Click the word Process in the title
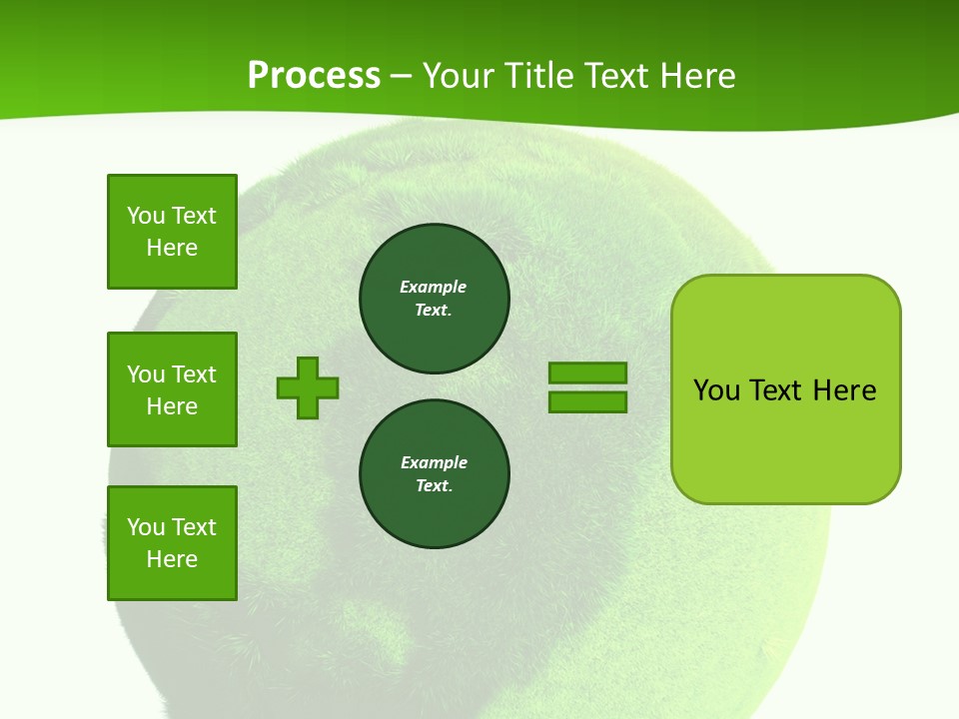(x=314, y=76)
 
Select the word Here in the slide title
(x=698, y=76)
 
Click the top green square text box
(x=172, y=232)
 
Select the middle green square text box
(x=172, y=389)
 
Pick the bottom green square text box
(x=172, y=543)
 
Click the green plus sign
(x=308, y=387)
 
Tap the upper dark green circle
(x=435, y=299)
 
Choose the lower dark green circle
(x=435, y=474)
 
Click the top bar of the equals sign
(x=587, y=372)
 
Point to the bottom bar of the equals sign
(x=587, y=402)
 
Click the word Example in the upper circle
(x=434, y=287)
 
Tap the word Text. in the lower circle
(x=434, y=486)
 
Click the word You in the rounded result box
(x=716, y=390)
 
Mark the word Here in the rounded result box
(x=844, y=390)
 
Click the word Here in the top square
(x=172, y=248)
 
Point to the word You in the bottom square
(x=146, y=527)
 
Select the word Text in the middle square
(x=194, y=374)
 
